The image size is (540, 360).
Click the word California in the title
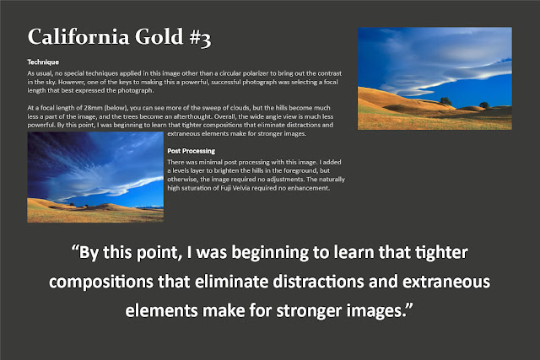click(78, 36)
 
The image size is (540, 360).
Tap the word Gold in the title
click(159, 36)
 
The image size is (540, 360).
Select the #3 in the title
click(200, 37)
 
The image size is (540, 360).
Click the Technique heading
click(43, 62)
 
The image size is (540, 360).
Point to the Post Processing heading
click(192, 151)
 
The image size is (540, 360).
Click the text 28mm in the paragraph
click(94, 108)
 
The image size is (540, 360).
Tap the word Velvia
click(241, 188)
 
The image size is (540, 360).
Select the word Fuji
click(226, 188)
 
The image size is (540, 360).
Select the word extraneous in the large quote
click(446, 282)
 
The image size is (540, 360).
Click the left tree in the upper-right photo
click(445, 101)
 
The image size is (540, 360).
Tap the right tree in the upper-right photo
click(483, 105)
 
